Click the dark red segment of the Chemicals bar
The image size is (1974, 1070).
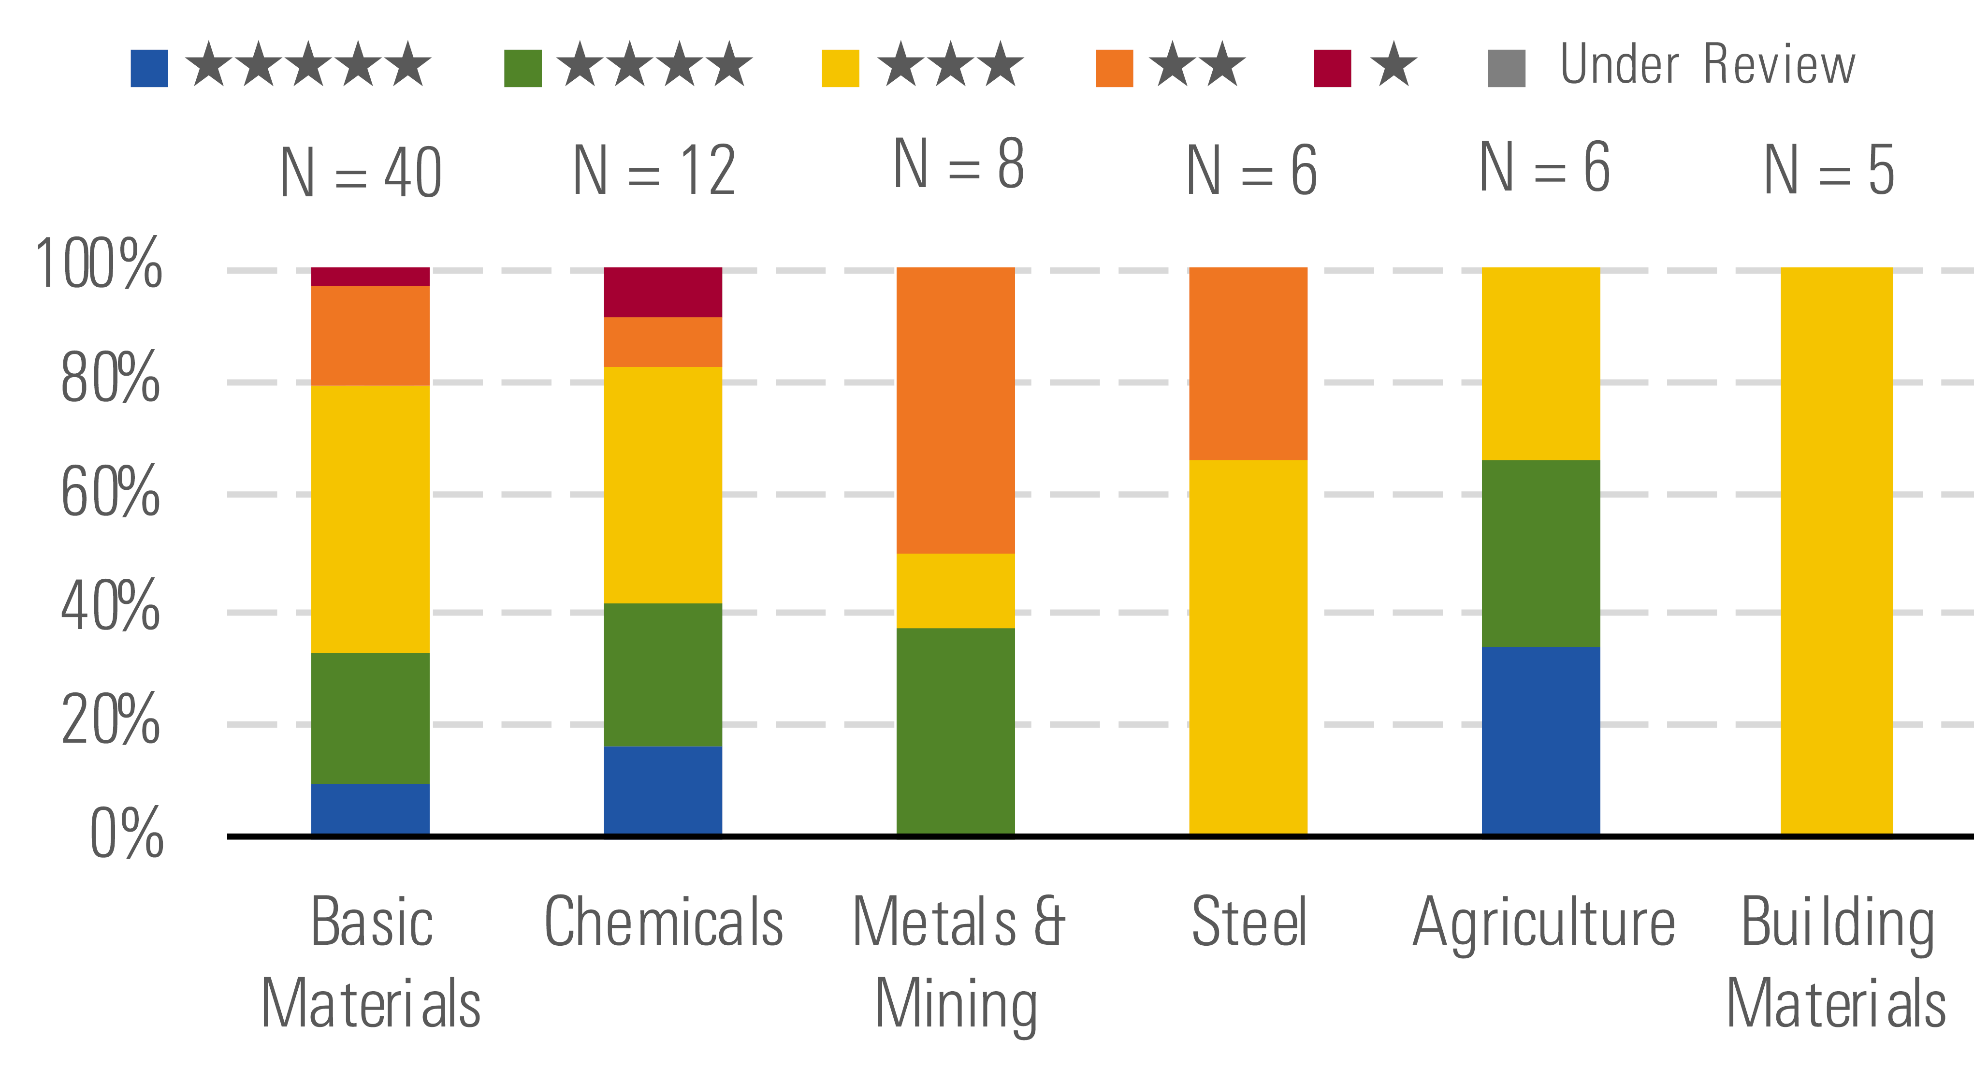(663, 292)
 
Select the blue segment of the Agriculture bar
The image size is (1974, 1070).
(1540, 740)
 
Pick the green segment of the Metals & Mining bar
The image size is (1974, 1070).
(956, 731)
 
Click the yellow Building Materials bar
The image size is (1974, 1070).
(1836, 550)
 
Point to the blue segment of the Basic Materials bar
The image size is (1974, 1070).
(370, 808)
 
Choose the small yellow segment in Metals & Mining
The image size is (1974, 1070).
(956, 590)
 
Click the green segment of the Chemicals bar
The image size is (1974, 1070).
(663, 674)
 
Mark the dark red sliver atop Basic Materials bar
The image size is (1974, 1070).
(370, 277)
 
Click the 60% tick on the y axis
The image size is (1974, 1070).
(110, 492)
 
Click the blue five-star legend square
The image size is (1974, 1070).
(149, 68)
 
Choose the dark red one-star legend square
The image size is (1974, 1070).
(1332, 68)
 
